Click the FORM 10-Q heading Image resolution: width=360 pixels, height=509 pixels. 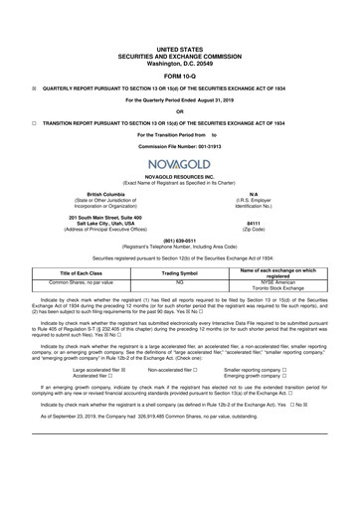(180, 48)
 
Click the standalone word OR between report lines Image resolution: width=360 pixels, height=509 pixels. (180, 96)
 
